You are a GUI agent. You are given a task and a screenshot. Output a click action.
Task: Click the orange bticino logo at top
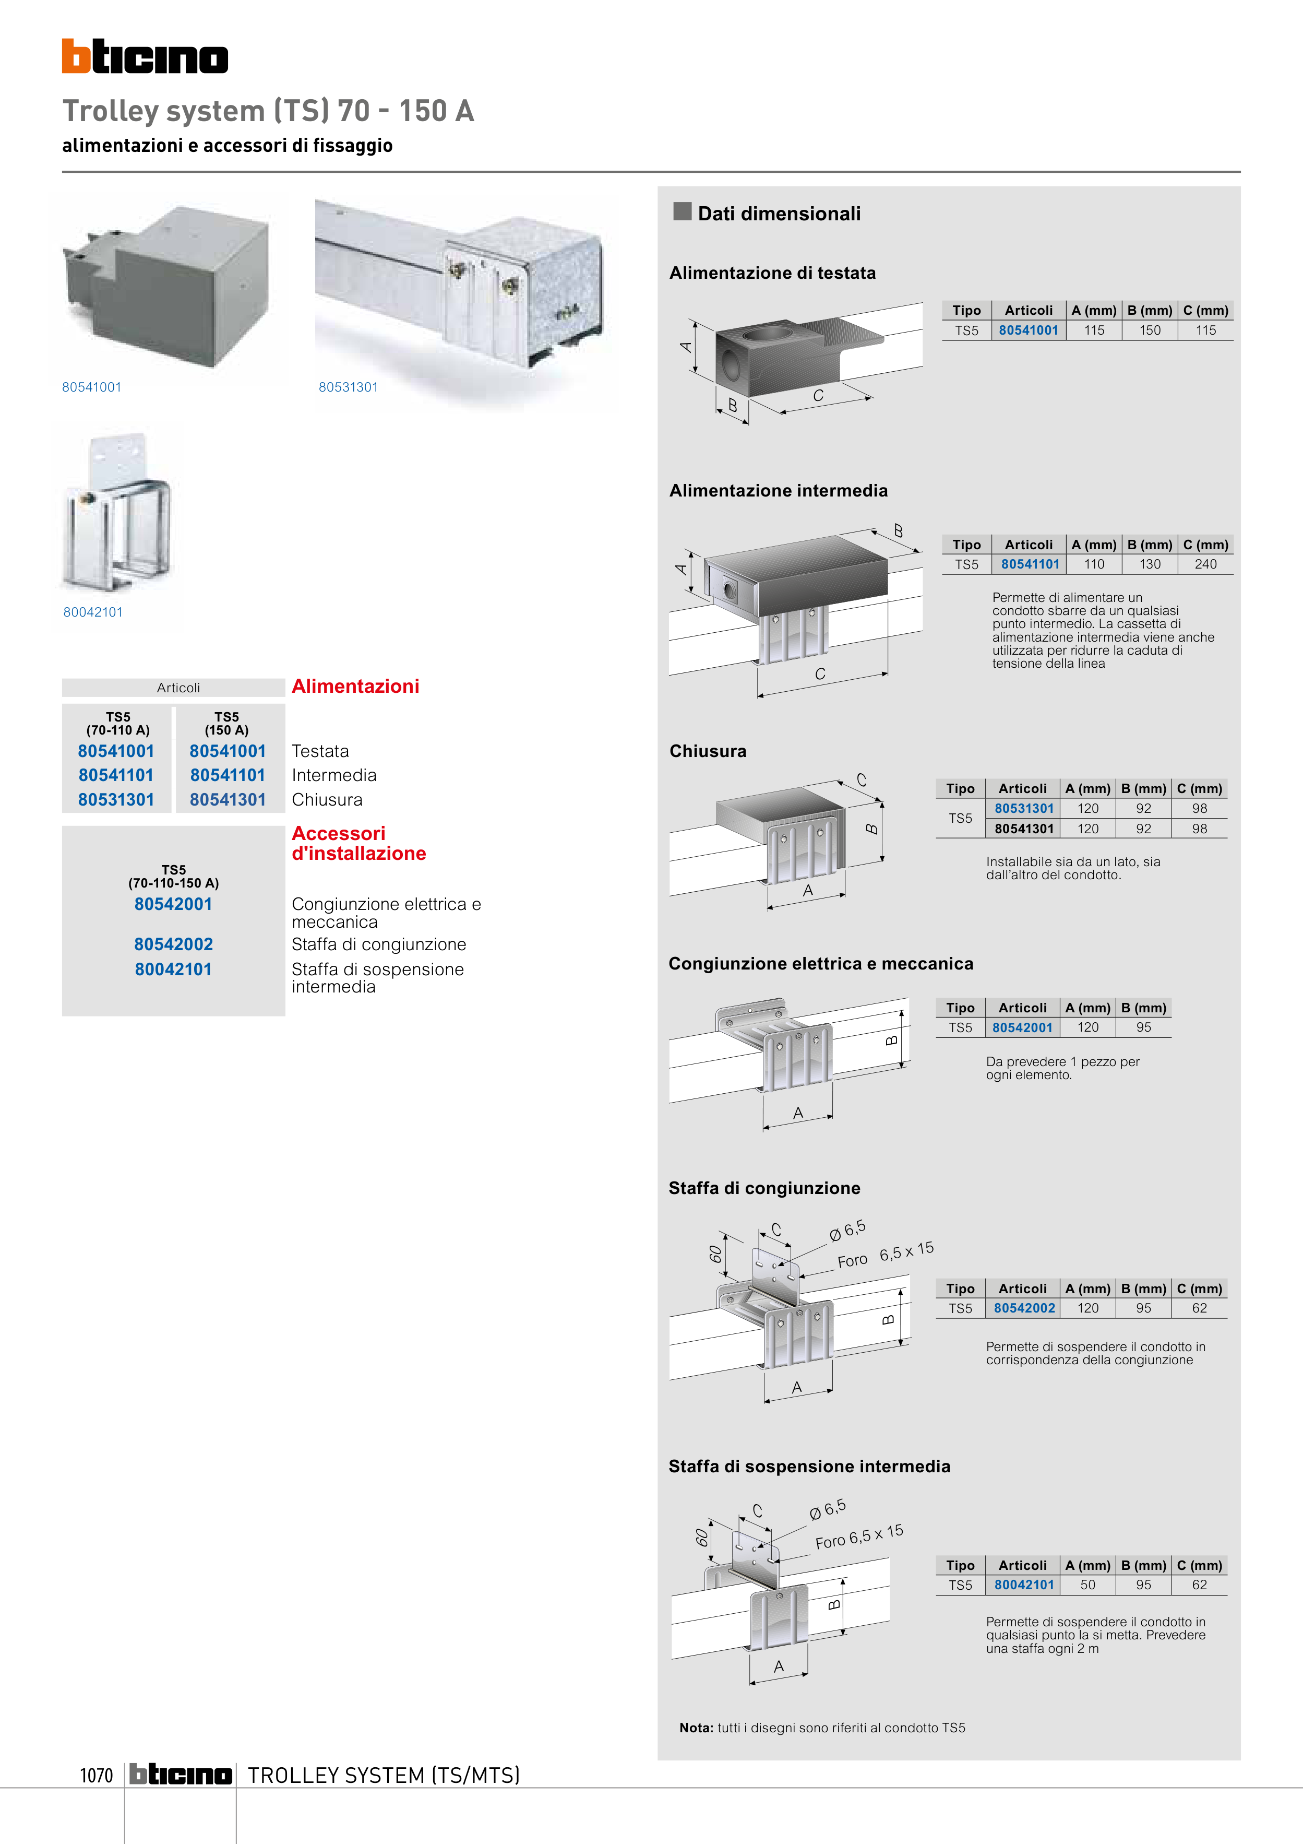145,56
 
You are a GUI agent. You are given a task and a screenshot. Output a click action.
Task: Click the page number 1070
97,1775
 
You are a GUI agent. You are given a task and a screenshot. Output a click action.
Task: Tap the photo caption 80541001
91,387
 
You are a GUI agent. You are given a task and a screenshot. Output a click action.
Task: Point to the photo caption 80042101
93,612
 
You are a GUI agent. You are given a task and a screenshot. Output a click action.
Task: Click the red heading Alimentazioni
355,687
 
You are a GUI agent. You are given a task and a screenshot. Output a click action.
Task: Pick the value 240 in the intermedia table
1205,564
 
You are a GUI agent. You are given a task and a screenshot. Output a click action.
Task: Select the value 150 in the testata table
1150,330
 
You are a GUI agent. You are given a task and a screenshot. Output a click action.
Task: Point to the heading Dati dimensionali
779,214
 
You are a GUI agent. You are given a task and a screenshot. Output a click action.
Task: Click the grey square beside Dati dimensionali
683,211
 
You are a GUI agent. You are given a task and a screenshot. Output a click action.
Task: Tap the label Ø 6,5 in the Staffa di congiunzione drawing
847,1230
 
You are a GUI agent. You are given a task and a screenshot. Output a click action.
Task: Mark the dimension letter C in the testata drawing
818,395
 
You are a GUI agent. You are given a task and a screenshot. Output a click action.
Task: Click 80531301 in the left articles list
116,800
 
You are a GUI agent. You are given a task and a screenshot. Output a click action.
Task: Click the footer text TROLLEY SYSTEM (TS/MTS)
384,1775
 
